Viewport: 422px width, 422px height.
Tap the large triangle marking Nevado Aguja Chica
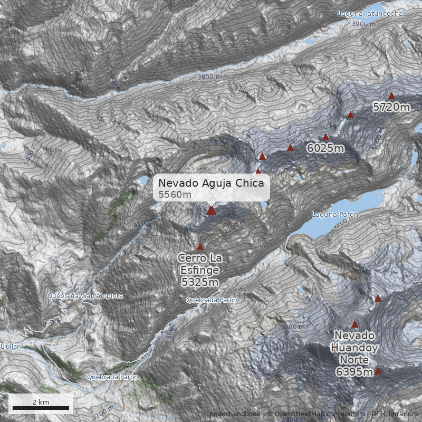[x=211, y=210]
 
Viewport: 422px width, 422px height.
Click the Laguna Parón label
[x=335, y=215]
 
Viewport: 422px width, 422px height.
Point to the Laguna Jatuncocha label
[x=370, y=13]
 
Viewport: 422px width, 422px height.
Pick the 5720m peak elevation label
[x=391, y=108]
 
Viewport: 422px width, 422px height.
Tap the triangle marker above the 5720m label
[x=391, y=96]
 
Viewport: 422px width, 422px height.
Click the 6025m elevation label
[x=325, y=148]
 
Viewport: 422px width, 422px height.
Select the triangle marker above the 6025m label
[x=326, y=137]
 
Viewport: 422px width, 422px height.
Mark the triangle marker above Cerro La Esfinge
[x=200, y=246]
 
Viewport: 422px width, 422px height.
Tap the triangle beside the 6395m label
[x=378, y=371]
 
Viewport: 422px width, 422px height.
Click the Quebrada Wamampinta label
[x=85, y=296]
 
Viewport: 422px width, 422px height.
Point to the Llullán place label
[x=9, y=347]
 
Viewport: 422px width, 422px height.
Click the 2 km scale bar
[x=41, y=408]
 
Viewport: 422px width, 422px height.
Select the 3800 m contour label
[x=209, y=77]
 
